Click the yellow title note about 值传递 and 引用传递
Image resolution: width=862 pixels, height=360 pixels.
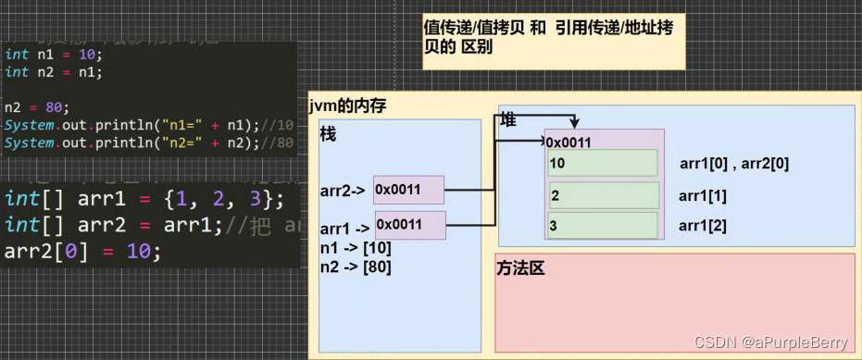coord(553,37)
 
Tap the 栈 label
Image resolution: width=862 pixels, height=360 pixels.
coord(328,134)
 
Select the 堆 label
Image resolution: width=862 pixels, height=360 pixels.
coord(508,120)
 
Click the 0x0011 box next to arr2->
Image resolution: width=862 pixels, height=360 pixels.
coord(408,190)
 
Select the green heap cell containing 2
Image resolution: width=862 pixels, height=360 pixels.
coord(603,195)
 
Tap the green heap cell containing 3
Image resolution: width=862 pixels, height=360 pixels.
coord(603,226)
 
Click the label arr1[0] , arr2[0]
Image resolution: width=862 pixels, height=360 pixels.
coord(733,165)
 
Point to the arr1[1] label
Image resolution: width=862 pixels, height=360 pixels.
coord(704,195)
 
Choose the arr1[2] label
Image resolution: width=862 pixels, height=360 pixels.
coord(704,226)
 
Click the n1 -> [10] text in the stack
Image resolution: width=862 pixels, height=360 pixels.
coord(356,248)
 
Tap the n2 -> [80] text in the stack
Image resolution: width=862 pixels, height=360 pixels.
coord(356,267)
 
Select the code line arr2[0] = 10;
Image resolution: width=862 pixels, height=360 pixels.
coord(82,251)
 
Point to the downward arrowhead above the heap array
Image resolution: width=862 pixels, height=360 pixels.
coord(575,123)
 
